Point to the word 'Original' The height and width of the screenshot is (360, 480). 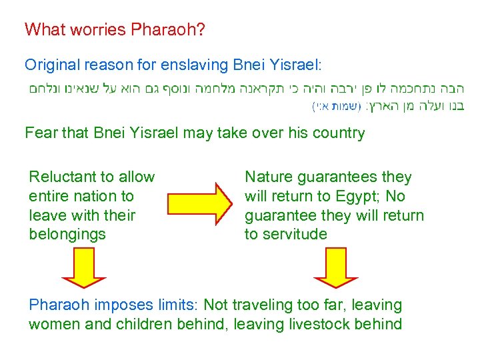point(50,65)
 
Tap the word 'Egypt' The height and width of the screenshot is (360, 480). point(363,196)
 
